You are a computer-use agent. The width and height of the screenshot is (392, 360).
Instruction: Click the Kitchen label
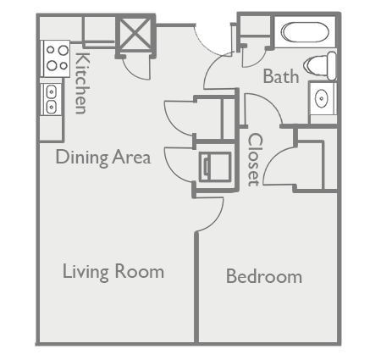[81, 83]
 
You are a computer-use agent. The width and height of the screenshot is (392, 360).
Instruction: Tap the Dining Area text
[103, 157]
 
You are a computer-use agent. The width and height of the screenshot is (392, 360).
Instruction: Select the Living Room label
[113, 272]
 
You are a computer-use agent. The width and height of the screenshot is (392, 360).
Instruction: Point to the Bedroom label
[263, 276]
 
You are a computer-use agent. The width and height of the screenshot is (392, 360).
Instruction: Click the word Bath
[280, 76]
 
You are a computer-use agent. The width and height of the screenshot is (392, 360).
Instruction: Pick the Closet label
[254, 160]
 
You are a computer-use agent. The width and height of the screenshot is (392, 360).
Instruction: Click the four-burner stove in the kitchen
[55, 58]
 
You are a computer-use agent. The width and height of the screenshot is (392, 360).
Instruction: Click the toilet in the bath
[322, 64]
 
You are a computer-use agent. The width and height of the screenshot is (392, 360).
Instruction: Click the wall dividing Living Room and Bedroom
[197, 288]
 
